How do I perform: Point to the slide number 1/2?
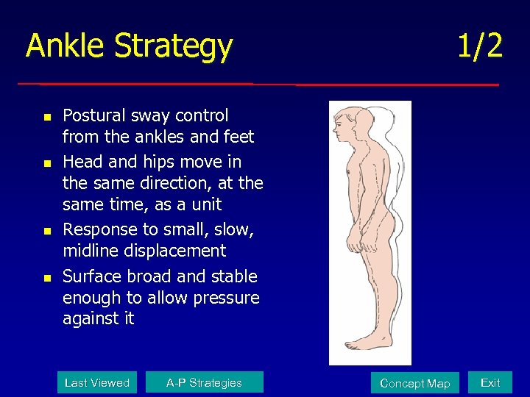480,46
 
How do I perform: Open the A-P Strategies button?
204,382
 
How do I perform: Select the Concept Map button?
414,383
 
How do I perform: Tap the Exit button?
490,382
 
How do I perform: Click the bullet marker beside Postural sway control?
46,117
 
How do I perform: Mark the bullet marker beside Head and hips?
46,162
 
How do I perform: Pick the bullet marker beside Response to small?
46,232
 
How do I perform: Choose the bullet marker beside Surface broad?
46,278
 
